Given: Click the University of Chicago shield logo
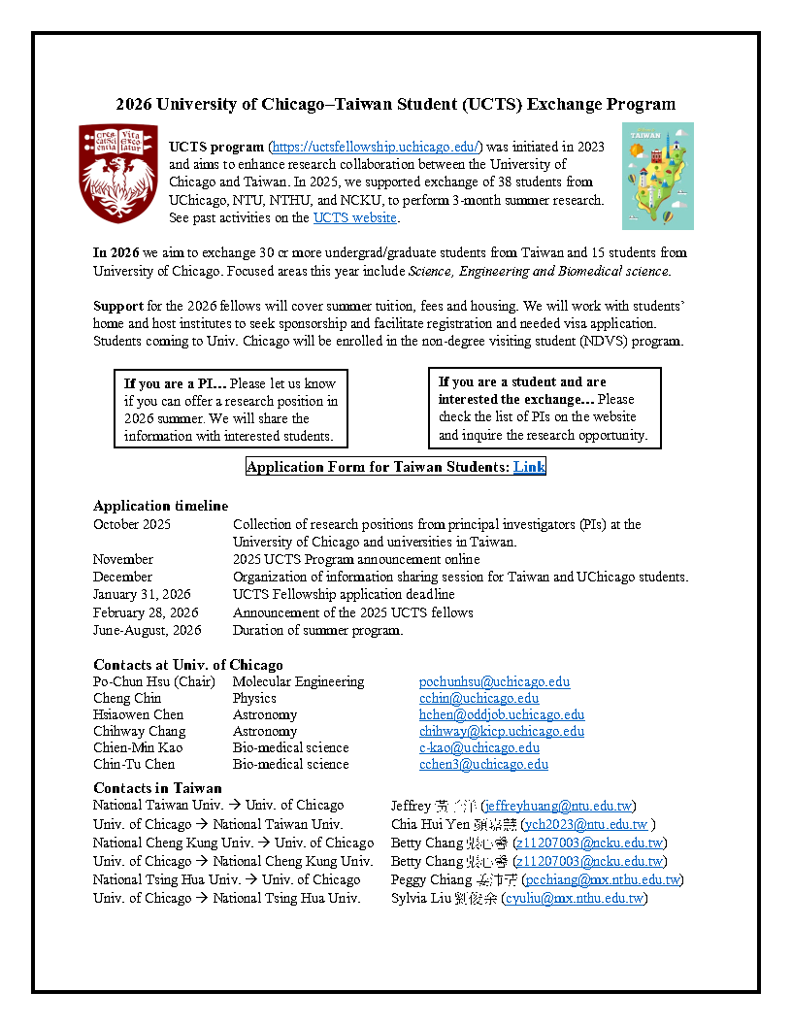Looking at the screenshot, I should (x=117, y=174).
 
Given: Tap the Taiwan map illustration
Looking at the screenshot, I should (x=657, y=176).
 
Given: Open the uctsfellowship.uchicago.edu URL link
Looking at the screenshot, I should (x=375, y=147).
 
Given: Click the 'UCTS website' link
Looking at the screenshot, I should (x=354, y=217).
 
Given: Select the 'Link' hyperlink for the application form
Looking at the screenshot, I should (x=529, y=467).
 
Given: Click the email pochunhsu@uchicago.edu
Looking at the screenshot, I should (x=494, y=681).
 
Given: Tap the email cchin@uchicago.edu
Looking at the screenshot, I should (x=478, y=698).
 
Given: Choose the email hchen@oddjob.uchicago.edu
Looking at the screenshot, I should (x=502, y=714).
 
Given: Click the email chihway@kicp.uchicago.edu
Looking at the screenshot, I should (x=502, y=731).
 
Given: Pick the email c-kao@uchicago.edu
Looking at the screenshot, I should (x=479, y=747).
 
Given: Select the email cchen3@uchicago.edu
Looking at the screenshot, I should (x=483, y=764).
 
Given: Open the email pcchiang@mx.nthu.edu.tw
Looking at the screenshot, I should (x=602, y=879).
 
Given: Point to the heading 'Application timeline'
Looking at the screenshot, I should (x=160, y=506).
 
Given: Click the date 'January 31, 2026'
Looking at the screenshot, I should (x=142, y=594).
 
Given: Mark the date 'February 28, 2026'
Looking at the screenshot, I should (x=146, y=612).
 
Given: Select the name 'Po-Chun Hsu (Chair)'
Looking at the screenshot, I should (x=153, y=681).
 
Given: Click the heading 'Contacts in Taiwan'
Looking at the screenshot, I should (x=157, y=788).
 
